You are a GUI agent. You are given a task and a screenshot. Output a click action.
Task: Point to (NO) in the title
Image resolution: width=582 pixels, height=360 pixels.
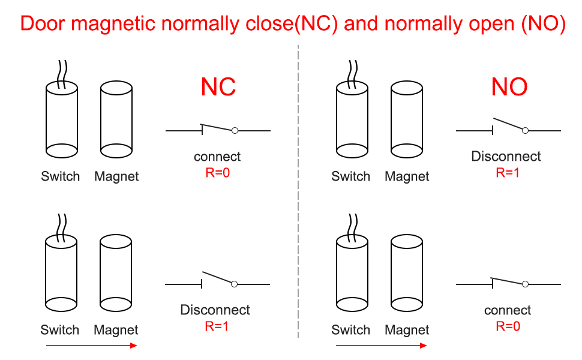(542, 23)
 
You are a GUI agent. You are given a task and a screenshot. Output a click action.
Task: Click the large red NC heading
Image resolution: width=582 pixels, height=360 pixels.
(218, 87)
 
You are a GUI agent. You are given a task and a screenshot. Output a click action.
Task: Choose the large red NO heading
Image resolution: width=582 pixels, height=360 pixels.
(509, 87)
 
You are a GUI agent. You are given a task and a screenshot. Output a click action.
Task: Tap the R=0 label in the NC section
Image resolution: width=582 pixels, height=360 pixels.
(217, 173)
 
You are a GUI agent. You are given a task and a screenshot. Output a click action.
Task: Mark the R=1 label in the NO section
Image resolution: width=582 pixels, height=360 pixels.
(508, 173)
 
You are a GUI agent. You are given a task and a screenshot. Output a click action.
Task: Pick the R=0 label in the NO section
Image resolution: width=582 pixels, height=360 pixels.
(508, 326)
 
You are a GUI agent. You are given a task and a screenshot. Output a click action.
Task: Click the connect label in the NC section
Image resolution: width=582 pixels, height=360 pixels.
(217, 157)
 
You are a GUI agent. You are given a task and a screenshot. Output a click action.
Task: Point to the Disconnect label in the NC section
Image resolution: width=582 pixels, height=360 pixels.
(215, 310)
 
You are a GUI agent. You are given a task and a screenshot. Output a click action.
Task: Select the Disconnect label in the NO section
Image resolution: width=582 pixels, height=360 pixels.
(506, 157)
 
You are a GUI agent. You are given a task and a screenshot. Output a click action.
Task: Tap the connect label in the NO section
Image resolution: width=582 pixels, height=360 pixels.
(508, 310)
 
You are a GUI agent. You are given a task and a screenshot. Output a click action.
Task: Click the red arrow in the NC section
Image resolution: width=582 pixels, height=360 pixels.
(92, 346)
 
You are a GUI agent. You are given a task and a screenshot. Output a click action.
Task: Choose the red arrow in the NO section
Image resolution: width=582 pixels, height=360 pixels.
(382, 346)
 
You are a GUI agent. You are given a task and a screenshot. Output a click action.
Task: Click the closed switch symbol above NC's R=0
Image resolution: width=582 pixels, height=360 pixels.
(218, 129)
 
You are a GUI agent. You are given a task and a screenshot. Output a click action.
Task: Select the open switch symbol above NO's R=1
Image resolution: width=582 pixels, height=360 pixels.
(509, 126)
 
